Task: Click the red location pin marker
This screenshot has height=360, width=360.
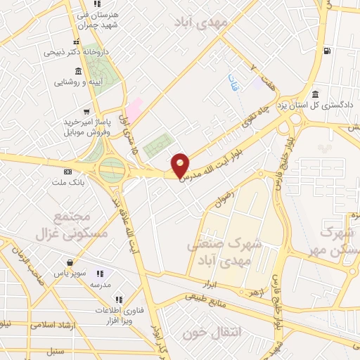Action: click(x=181, y=165)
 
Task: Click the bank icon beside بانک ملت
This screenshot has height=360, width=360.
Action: click(x=67, y=172)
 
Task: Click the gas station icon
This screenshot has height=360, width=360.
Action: click(x=327, y=50)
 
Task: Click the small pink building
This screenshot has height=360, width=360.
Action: click(x=134, y=108)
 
